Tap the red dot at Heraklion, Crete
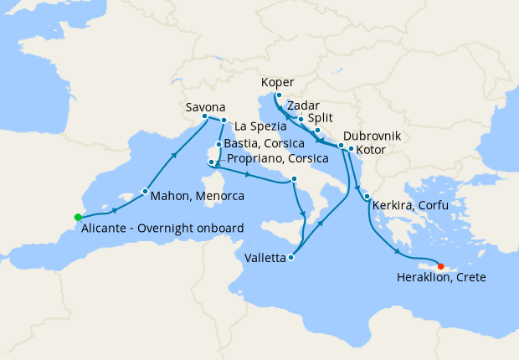point(441,267)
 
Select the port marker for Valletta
point(290,258)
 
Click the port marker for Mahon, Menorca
point(145,192)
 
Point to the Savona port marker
point(205,116)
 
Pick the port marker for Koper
point(277,95)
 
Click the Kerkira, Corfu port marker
point(367,197)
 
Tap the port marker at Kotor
point(350,150)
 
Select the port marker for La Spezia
point(224,121)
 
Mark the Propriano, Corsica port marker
point(210,161)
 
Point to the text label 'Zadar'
point(302,106)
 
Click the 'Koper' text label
point(277,83)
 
